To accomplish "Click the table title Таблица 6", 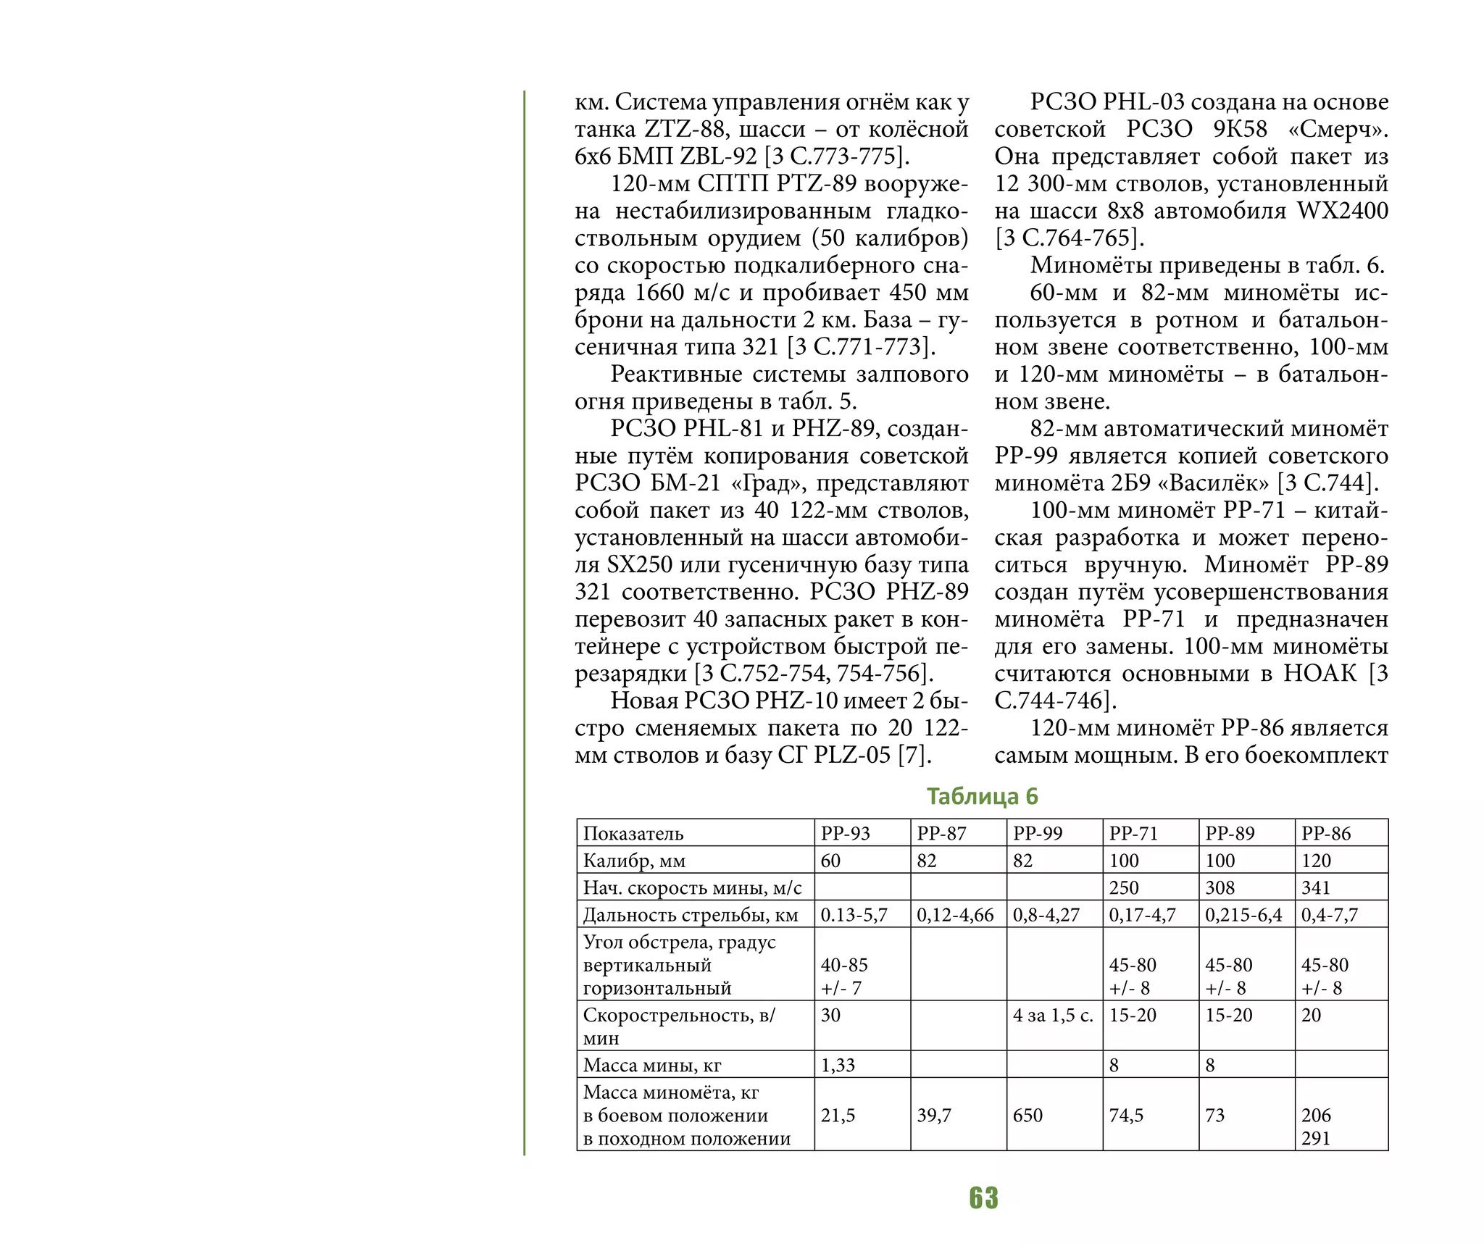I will pyautogui.click(x=982, y=796).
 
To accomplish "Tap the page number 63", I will pyautogui.click(x=983, y=1198).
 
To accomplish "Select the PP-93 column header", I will pyautogui.click(x=845, y=833).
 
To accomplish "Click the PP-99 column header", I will pyautogui.click(x=1038, y=833).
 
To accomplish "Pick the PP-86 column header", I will pyautogui.click(x=1326, y=833).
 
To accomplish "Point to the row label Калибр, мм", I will pyautogui.click(x=634, y=861).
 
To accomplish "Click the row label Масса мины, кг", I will pyautogui.click(x=652, y=1065).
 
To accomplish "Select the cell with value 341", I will pyautogui.click(x=1316, y=887).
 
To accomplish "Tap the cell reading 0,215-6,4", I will pyautogui.click(x=1243, y=915).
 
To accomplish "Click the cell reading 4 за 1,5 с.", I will pyautogui.click(x=1053, y=1015).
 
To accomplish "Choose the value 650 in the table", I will pyautogui.click(x=1027, y=1115).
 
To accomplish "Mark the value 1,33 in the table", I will pyautogui.click(x=838, y=1065).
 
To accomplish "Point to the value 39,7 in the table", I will pyautogui.click(x=934, y=1115).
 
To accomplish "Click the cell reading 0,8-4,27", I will pyautogui.click(x=1046, y=915).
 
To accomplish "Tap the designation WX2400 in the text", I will pyautogui.click(x=1342, y=211).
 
